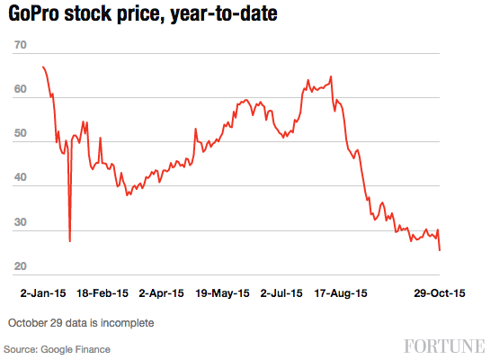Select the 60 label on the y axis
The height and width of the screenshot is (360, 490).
21,91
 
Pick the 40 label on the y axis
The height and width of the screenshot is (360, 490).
21,180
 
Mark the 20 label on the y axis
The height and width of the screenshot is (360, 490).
21,267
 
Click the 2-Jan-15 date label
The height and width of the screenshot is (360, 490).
43,293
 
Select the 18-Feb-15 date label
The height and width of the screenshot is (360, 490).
103,293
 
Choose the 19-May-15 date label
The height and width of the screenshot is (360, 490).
222,293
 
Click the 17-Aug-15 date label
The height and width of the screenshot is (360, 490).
340,293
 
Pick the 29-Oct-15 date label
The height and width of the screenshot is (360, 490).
439,293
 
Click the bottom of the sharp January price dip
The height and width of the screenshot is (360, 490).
70,241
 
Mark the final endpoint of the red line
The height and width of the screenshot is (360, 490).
440,250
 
